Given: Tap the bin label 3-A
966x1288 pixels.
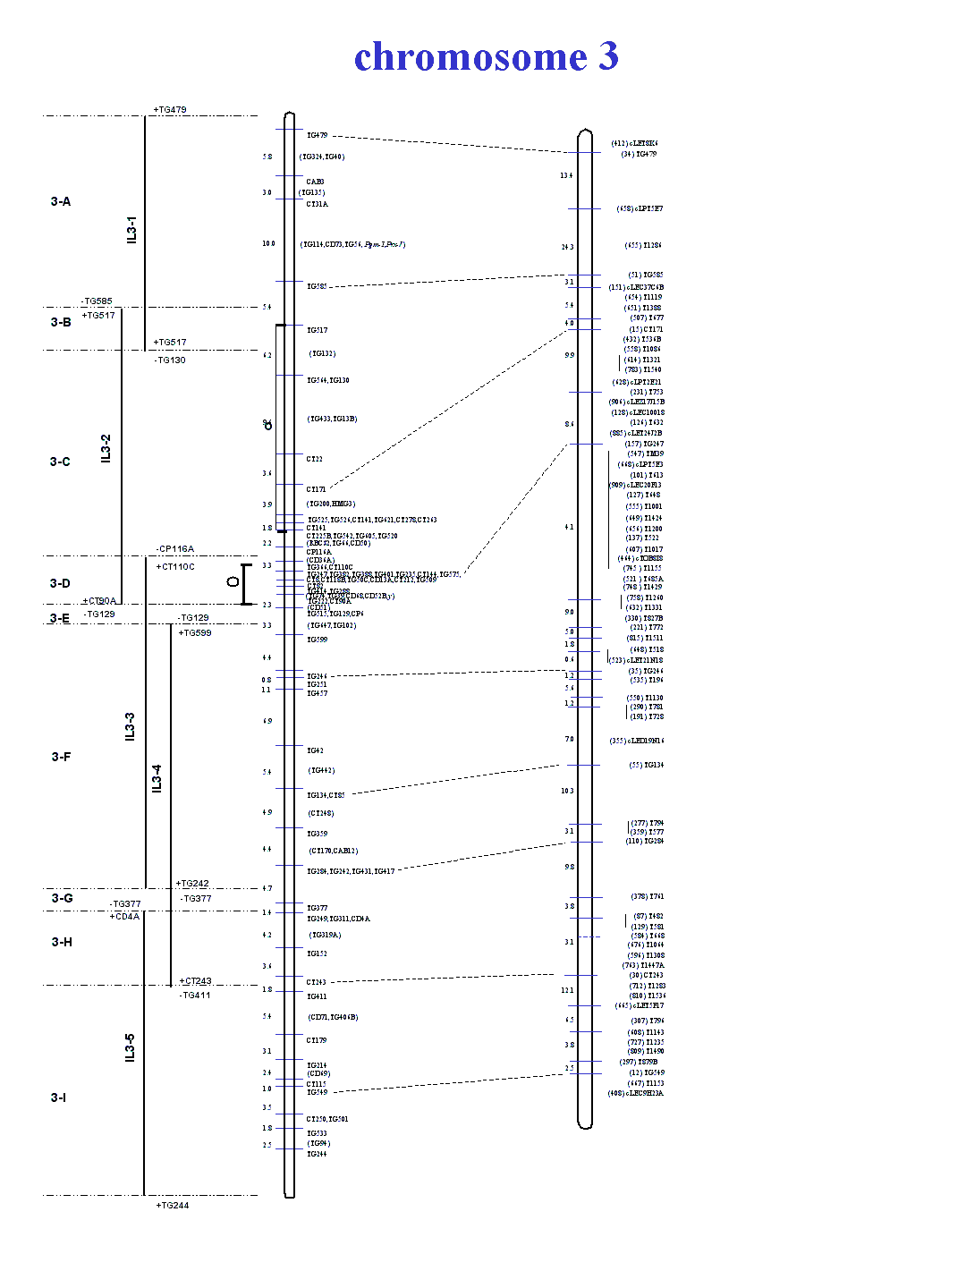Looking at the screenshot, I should click(61, 202).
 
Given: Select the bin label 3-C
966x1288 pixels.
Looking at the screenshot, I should click(60, 462).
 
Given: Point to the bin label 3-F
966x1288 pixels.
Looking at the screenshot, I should click(61, 758).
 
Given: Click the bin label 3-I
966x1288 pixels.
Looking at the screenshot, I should click(58, 1098).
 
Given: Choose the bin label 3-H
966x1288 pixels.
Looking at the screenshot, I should click(62, 943).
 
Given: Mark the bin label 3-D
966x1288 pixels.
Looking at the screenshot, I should click(60, 584).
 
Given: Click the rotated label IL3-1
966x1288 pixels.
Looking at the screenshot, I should click(132, 230).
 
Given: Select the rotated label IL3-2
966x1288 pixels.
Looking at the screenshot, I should click(106, 449).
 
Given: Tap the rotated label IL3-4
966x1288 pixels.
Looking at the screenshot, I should click(157, 778).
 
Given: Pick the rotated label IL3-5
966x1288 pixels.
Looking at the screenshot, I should click(131, 1047).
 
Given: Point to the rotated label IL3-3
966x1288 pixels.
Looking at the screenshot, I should click(131, 726).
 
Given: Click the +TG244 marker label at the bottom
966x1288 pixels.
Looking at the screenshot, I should click(173, 1206).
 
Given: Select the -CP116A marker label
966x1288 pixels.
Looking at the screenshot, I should click(174, 549).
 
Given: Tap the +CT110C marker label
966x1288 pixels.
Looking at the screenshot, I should click(175, 567).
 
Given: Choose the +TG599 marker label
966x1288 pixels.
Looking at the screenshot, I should click(195, 633).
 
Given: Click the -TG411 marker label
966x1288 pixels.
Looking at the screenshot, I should click(195, 996).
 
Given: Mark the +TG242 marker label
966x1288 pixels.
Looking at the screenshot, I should click(192, 884).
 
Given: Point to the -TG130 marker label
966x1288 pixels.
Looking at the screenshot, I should click(170, 360).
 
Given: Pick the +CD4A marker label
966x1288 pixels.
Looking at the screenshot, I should click(124, 917).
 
